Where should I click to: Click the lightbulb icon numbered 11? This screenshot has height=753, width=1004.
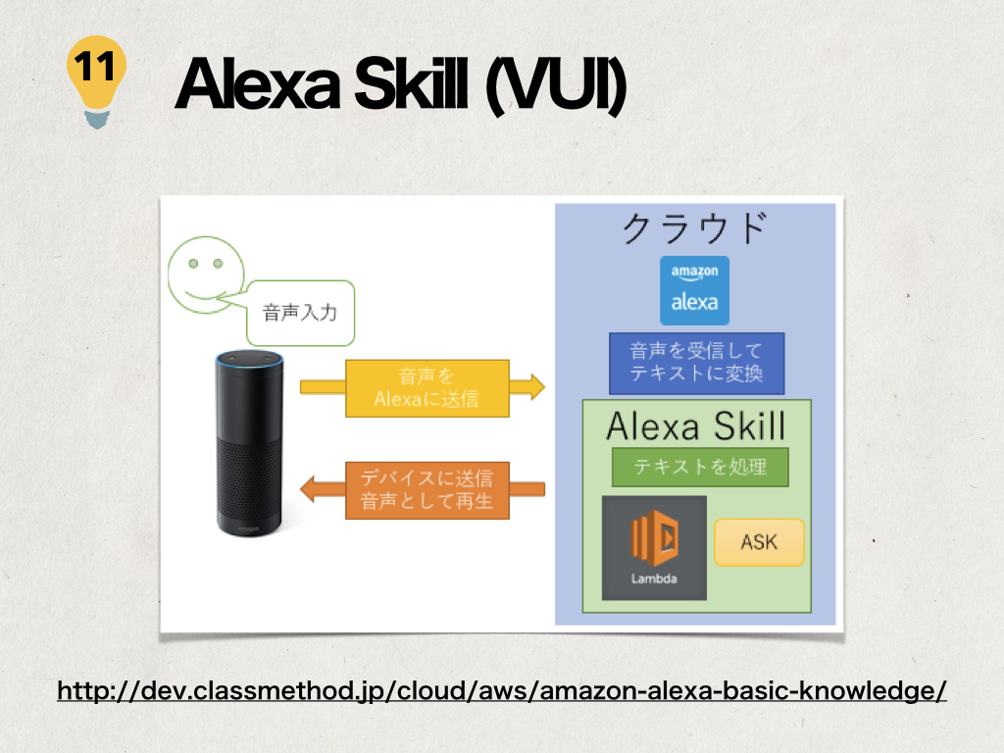coord(97,81)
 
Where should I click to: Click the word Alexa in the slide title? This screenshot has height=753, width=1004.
coord(257,84)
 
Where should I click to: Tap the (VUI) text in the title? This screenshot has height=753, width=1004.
coord(555,86)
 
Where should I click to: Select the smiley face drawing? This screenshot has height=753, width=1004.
coord(206,275)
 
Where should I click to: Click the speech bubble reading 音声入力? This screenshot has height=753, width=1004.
coord(300,313)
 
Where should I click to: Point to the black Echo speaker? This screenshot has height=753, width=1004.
coord(249,443)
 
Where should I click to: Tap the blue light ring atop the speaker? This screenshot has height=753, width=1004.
coord(249,360)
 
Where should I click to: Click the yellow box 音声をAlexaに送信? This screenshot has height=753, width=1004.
coord(427,388)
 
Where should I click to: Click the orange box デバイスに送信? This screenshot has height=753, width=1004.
coord(427,490)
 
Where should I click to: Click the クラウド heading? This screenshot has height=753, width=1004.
coord(695,228)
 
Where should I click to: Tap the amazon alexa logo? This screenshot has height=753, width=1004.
coord(695,290)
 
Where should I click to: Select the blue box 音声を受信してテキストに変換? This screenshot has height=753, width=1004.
coord(697,363)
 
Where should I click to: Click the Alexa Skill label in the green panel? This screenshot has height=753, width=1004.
coord(696,426)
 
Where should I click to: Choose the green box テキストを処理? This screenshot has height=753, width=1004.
coord(700,467)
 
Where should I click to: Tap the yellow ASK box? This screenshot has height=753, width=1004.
coord(759,542)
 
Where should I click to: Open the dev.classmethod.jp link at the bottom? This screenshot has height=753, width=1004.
coord(501,691)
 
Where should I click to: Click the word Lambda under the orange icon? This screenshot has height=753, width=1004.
coord(654,578)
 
